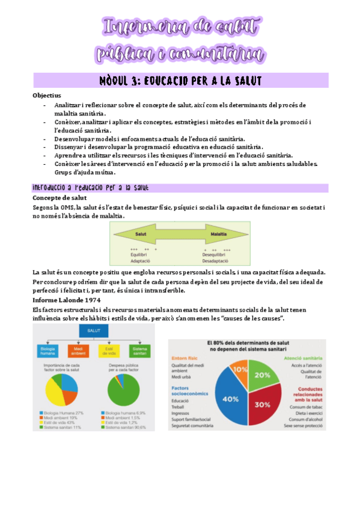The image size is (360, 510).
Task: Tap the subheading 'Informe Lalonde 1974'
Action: pyautogui.click(x=66, y=299)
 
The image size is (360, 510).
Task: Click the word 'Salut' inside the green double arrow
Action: pyautogui.click(x=141, y=233)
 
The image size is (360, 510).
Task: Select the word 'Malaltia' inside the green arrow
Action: pyautogui.click(x=219, y=233)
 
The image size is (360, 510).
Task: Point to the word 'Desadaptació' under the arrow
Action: pyautogui.click(x=215, y=260)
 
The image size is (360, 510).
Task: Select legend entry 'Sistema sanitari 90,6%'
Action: pyautogui.click(x=128, y=426)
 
